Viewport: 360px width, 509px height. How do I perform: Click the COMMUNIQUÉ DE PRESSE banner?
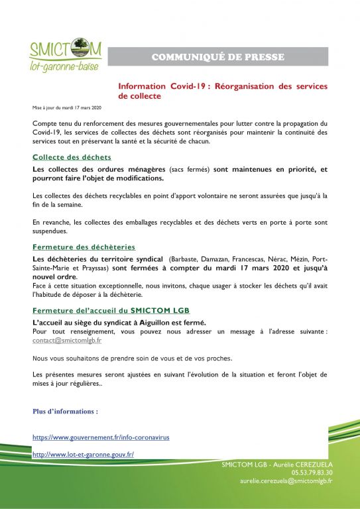click(x=217, y=57)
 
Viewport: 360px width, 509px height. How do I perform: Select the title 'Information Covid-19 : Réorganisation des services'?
click(x=222, y=86)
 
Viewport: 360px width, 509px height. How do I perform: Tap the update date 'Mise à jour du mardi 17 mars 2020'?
click(x=67, y=107)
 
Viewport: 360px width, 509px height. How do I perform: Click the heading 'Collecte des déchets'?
click(x=72, y=157)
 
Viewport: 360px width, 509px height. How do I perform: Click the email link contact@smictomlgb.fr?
click(x=67, y=340)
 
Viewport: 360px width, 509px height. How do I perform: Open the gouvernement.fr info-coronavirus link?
click(x=101, y=437)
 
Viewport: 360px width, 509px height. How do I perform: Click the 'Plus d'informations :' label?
click(x=65, y=411)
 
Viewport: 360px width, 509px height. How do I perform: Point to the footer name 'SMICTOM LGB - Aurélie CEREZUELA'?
click(x=277, y=465)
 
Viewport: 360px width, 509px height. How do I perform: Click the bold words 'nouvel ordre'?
click(x=54, y=276)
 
